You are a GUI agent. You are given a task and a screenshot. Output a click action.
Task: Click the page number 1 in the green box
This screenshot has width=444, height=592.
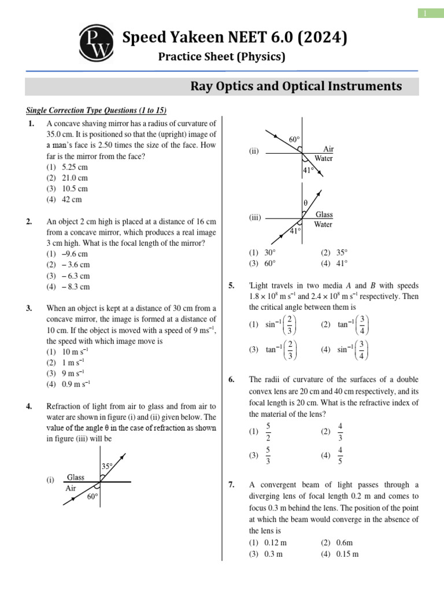(424, 13)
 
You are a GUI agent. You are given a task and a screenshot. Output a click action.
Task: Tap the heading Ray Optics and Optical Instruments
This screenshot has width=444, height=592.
(296, 86)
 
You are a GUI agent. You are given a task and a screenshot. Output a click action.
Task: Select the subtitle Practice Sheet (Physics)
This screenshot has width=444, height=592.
(222, 57)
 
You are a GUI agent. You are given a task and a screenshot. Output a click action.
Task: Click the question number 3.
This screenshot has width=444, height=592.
(29, 308)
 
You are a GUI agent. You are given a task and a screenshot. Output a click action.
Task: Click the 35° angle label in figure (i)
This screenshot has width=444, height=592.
(108, 466)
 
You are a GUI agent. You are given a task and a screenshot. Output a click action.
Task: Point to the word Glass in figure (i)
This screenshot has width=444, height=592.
(76, 478)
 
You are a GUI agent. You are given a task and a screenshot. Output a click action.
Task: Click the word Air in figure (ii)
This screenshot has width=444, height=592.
(328, 149)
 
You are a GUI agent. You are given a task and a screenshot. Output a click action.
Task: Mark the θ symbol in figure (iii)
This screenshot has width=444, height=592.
(305, 203)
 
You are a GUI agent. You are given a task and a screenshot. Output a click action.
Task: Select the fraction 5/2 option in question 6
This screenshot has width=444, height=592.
(268, 431)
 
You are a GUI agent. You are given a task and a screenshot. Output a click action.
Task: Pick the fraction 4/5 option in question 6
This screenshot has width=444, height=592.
(340, 456)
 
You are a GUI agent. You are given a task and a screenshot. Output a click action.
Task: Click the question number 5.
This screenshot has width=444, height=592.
(231, 286)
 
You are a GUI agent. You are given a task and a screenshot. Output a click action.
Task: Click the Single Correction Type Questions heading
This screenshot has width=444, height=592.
(97, 110)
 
